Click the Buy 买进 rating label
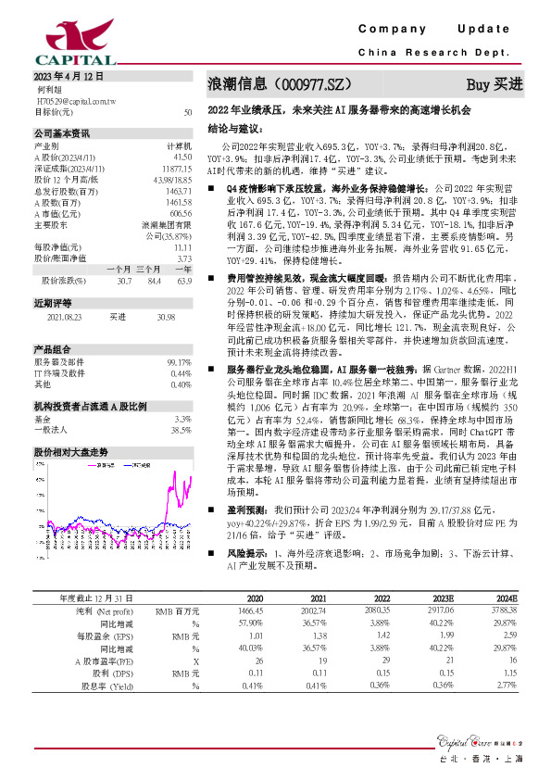[x=495, y=84]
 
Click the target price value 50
[x=188, y=112]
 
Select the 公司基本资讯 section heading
[x=62, y=133]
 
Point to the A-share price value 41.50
[x=182, y=158]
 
